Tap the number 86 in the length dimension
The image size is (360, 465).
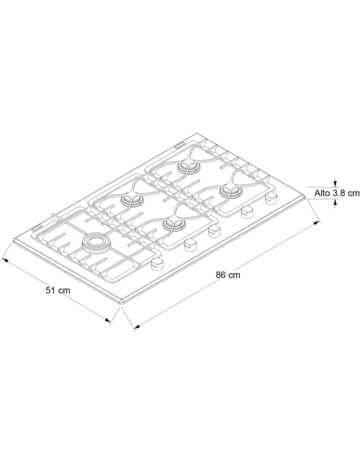220,275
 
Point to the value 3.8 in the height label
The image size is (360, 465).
338,193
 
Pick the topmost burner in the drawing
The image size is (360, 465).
188,168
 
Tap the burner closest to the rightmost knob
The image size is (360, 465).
231,193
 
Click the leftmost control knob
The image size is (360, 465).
157,264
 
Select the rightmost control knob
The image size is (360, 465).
271,198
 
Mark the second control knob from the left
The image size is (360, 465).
190,245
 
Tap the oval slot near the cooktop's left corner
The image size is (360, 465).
38,228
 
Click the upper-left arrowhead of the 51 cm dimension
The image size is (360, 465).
5,260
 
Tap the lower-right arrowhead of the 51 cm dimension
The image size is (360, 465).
108,326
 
